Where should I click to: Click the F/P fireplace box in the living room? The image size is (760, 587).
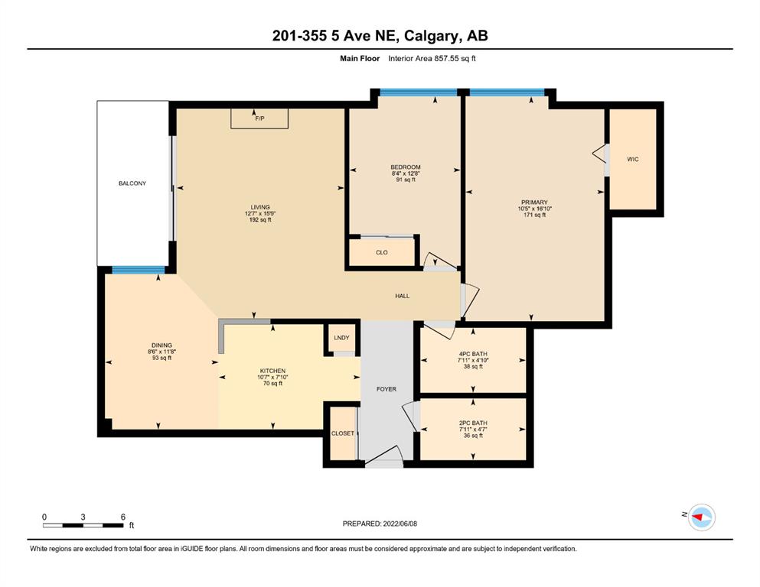point(259,118)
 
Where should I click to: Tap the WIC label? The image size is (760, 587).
point(632,159)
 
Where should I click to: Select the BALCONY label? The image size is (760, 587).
point(132,183)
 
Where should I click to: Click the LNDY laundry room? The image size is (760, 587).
point(341,338)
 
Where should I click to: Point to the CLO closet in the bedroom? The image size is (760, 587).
point(382,252)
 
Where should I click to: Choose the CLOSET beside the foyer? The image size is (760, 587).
point(343,433)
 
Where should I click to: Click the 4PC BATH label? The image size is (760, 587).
point(473,354)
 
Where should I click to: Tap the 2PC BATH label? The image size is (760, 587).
point(473,423)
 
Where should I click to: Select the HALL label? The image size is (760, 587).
point(403,296)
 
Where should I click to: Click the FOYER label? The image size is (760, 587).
point(387,389)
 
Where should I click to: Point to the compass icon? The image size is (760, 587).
point(702,517)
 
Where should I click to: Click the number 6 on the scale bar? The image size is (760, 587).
point(123,517)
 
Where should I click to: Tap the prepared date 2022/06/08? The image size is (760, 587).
point(400,524)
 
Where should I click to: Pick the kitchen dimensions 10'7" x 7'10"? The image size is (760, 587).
point(273,377)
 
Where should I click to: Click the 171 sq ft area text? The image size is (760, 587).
point(535,215)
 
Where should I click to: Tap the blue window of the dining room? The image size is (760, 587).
point(139,270)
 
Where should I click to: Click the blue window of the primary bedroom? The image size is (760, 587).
point(507,92)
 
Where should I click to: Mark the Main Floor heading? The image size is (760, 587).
point(360,59)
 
